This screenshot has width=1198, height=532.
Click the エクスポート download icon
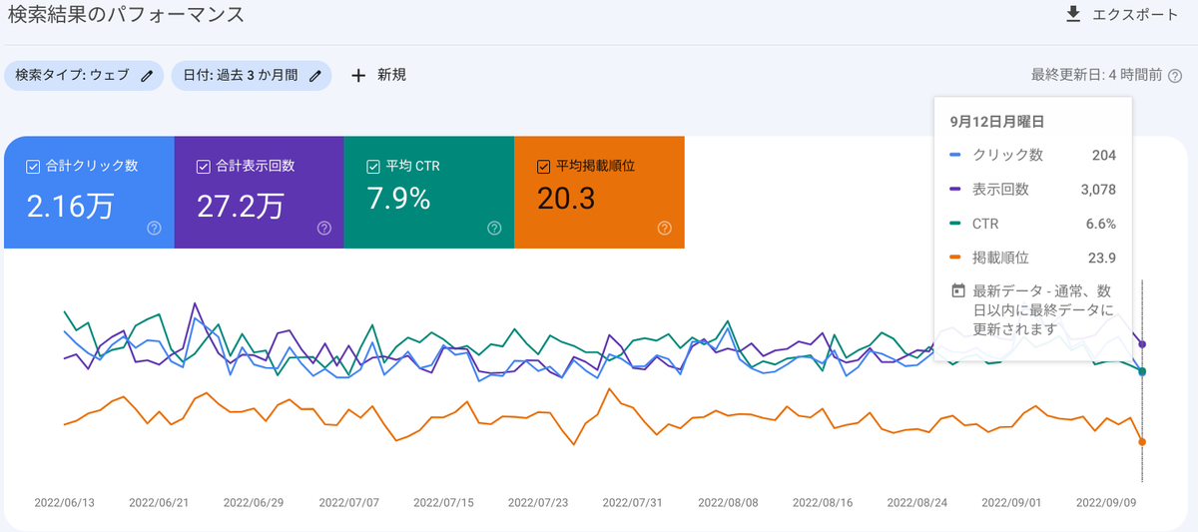[1073, 14]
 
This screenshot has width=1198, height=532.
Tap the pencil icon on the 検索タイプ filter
[147, 76]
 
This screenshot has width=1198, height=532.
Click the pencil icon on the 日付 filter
[315, 76]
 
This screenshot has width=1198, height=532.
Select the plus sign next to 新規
[358, 76]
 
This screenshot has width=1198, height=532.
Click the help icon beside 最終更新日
[1175, 76]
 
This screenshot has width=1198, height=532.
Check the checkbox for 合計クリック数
[33, 167]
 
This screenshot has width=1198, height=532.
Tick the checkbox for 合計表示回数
[204, 167]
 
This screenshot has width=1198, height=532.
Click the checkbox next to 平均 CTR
[373, 167]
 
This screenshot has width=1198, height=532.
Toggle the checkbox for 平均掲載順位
[543, 167]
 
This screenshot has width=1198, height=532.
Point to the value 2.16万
[70, 207]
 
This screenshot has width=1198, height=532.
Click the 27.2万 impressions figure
[241, 207]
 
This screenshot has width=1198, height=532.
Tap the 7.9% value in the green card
[398, 199]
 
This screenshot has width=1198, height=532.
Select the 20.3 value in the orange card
[566, 199]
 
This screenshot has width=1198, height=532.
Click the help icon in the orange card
[664, 229]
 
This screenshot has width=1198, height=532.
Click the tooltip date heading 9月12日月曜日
[997, 122]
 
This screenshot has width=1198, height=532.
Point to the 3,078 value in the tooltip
[1098, 190]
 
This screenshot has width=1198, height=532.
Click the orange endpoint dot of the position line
[1142, 441]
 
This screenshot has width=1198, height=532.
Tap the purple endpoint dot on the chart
[1142, 344]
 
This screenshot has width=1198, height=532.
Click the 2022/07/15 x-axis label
[443, 503]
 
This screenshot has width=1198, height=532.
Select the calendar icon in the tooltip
[957, 290]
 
